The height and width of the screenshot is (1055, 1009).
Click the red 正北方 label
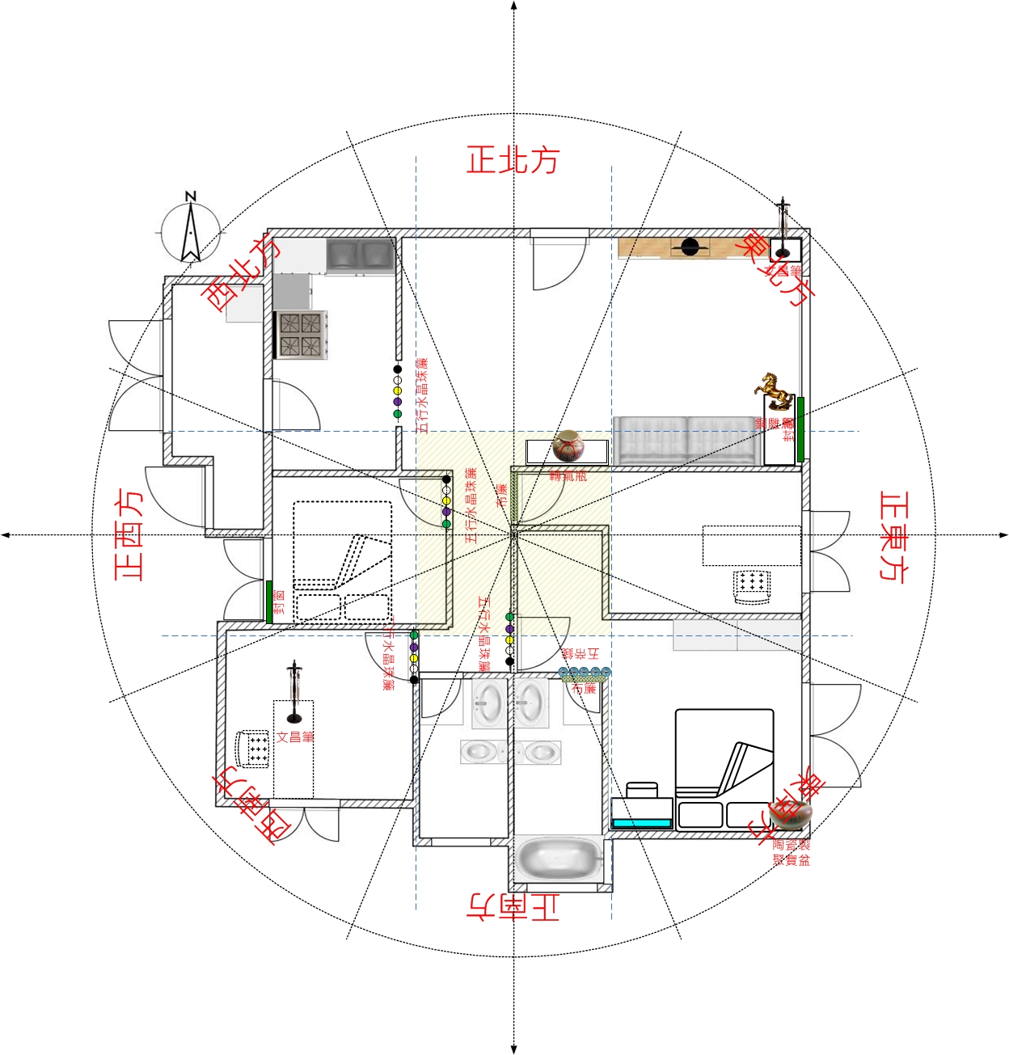[x=513, y=160]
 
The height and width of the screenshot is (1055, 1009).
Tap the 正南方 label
[x=513, y=905]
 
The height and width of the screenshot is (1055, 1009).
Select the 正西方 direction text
[x=129, y=534]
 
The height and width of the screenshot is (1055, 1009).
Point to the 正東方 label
[x=893, y=535]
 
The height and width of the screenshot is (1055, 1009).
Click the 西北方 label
[x=240, y=274]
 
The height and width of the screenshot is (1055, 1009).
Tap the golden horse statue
[x=775, y=390]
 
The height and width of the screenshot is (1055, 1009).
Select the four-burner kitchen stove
[x=301, y=335]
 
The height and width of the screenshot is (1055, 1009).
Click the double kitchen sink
[x=360, y=255]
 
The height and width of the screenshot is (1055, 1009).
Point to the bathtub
[x=559, y=859]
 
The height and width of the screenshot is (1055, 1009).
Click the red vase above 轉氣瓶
[x=568, y=445]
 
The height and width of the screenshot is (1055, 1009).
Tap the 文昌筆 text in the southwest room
[x=295, y=736]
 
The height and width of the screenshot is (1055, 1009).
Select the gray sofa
[x=686, y=441]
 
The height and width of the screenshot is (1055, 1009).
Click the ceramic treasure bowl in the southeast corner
[x=791, y=814]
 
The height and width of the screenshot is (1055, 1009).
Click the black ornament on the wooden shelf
[x=690, y=247]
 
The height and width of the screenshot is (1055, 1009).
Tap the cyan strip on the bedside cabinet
[x=642, y=823]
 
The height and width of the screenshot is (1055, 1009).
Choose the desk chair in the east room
[x=751, y=586]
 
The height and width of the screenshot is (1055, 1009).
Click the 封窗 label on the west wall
[x=279, y=602]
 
